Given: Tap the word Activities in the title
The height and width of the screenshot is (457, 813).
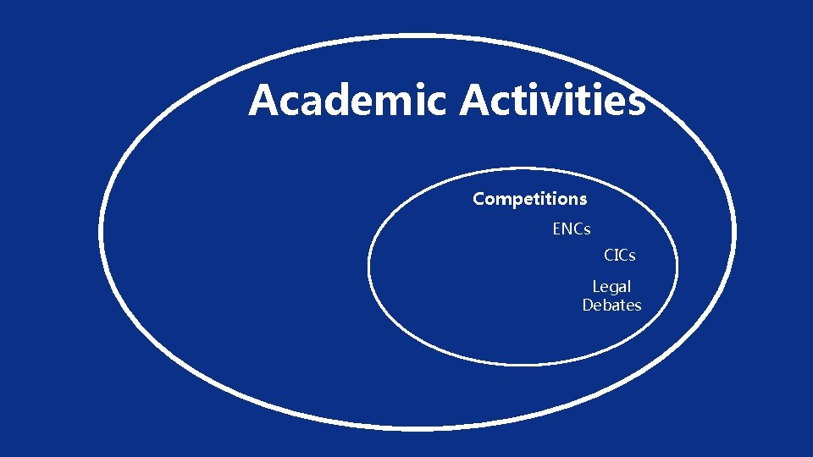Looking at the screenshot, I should point(552,101).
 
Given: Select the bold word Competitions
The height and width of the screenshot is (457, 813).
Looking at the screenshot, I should point(529,200).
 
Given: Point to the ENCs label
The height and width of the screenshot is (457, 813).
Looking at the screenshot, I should point(572,229).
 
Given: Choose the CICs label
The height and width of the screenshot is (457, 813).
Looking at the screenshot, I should point(619,255).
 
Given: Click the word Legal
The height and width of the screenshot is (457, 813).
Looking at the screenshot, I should point(611,287).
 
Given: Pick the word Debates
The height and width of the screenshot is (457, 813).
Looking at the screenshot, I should point(611,306).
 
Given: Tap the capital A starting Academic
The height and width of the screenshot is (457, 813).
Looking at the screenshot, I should point(263,101).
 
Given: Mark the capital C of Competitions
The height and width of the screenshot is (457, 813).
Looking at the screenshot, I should point(478,200).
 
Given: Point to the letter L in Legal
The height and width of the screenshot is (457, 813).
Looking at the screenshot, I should point(595,287).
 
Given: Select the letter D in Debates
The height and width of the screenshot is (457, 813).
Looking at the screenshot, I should point(588,306).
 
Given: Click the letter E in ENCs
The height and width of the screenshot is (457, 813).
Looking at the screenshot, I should point(556,229).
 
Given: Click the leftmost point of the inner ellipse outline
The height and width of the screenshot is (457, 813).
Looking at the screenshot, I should point(369,267).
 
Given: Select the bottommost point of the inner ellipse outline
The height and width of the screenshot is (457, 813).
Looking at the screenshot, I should point(523,365).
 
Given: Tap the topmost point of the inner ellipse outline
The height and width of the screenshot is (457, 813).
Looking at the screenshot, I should point(523,168).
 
